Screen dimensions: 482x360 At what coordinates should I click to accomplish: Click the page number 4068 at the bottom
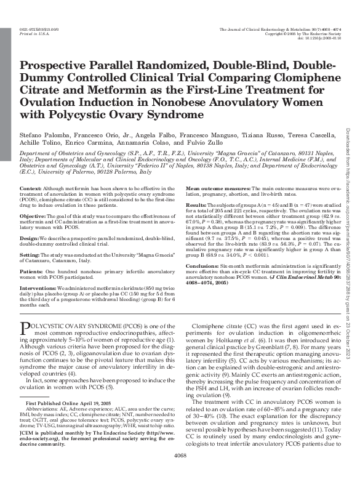(180, 473)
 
